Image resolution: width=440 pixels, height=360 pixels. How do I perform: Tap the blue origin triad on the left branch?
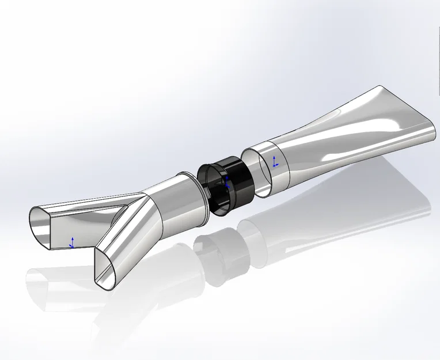coord(72,242)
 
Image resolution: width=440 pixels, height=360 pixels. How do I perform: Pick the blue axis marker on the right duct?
coord(275,161)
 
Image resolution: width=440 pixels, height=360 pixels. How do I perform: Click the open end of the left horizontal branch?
coord(41,228)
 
